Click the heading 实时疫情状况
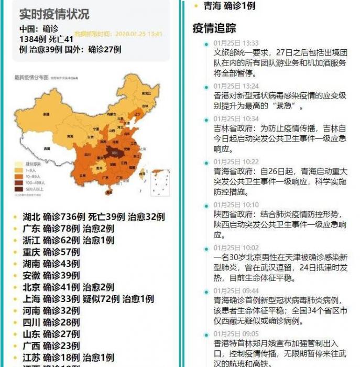click(x=54, y=14)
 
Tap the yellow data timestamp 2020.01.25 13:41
click(x=118, y=34)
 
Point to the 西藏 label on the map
click(x=47, y=148)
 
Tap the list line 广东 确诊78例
click(x=68, y=229)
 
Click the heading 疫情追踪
click(x=214, y=28)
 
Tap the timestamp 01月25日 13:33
click(x=236, y=43)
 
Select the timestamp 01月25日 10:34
click(x=236, y=119)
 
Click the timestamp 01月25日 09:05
click(x=236, y=333)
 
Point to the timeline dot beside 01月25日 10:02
click(x=206, y=249)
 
